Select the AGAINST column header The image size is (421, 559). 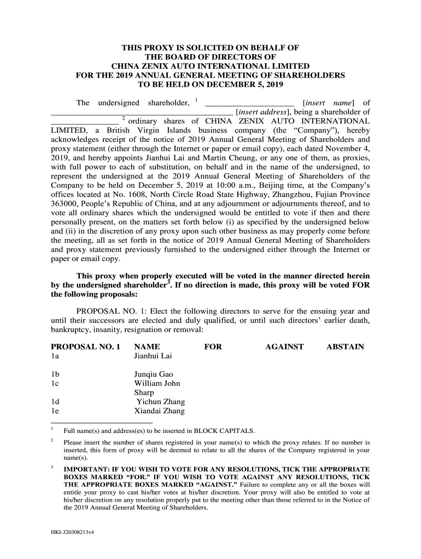(284, 347)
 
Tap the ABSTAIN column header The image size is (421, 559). (345, 347)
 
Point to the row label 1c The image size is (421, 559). (55, 383)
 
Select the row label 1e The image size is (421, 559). (55, 411)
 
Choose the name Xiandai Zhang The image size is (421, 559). (159, 411)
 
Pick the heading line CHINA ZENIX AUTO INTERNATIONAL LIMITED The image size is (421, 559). (210, 66)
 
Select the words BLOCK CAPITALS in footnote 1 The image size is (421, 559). (220, 430)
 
